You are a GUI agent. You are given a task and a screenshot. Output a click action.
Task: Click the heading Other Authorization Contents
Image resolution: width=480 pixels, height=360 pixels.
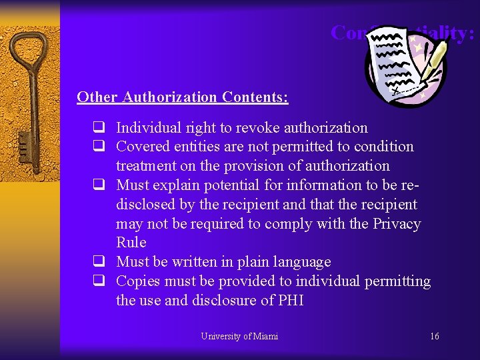(x=182, y=97)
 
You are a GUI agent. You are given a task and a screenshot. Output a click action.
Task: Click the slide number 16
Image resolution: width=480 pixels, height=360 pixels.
(x=435, y=336)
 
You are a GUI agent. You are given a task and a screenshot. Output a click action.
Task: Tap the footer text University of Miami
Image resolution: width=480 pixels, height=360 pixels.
(x=239, y=336)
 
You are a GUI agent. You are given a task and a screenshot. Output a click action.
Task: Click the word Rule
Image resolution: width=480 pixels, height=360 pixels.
(x=131, y=243)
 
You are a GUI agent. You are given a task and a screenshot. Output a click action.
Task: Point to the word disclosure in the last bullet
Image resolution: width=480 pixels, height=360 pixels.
(x=223, y=301)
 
